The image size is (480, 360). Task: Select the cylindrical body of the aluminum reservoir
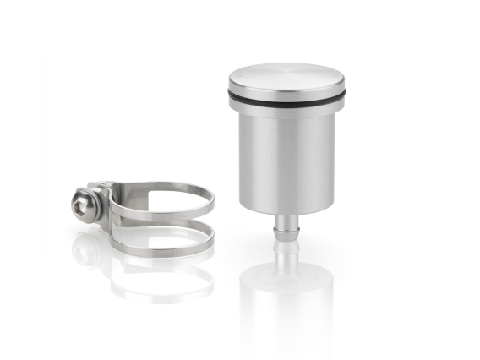pyautogui.click(x=286, y=161)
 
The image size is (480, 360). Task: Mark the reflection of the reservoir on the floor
pyautogui.click(x=286, y=296)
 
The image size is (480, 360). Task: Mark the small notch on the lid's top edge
pyautogui.click(x=239, y=75)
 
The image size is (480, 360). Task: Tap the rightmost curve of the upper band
pyautogui.click(x=211, y=200)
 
